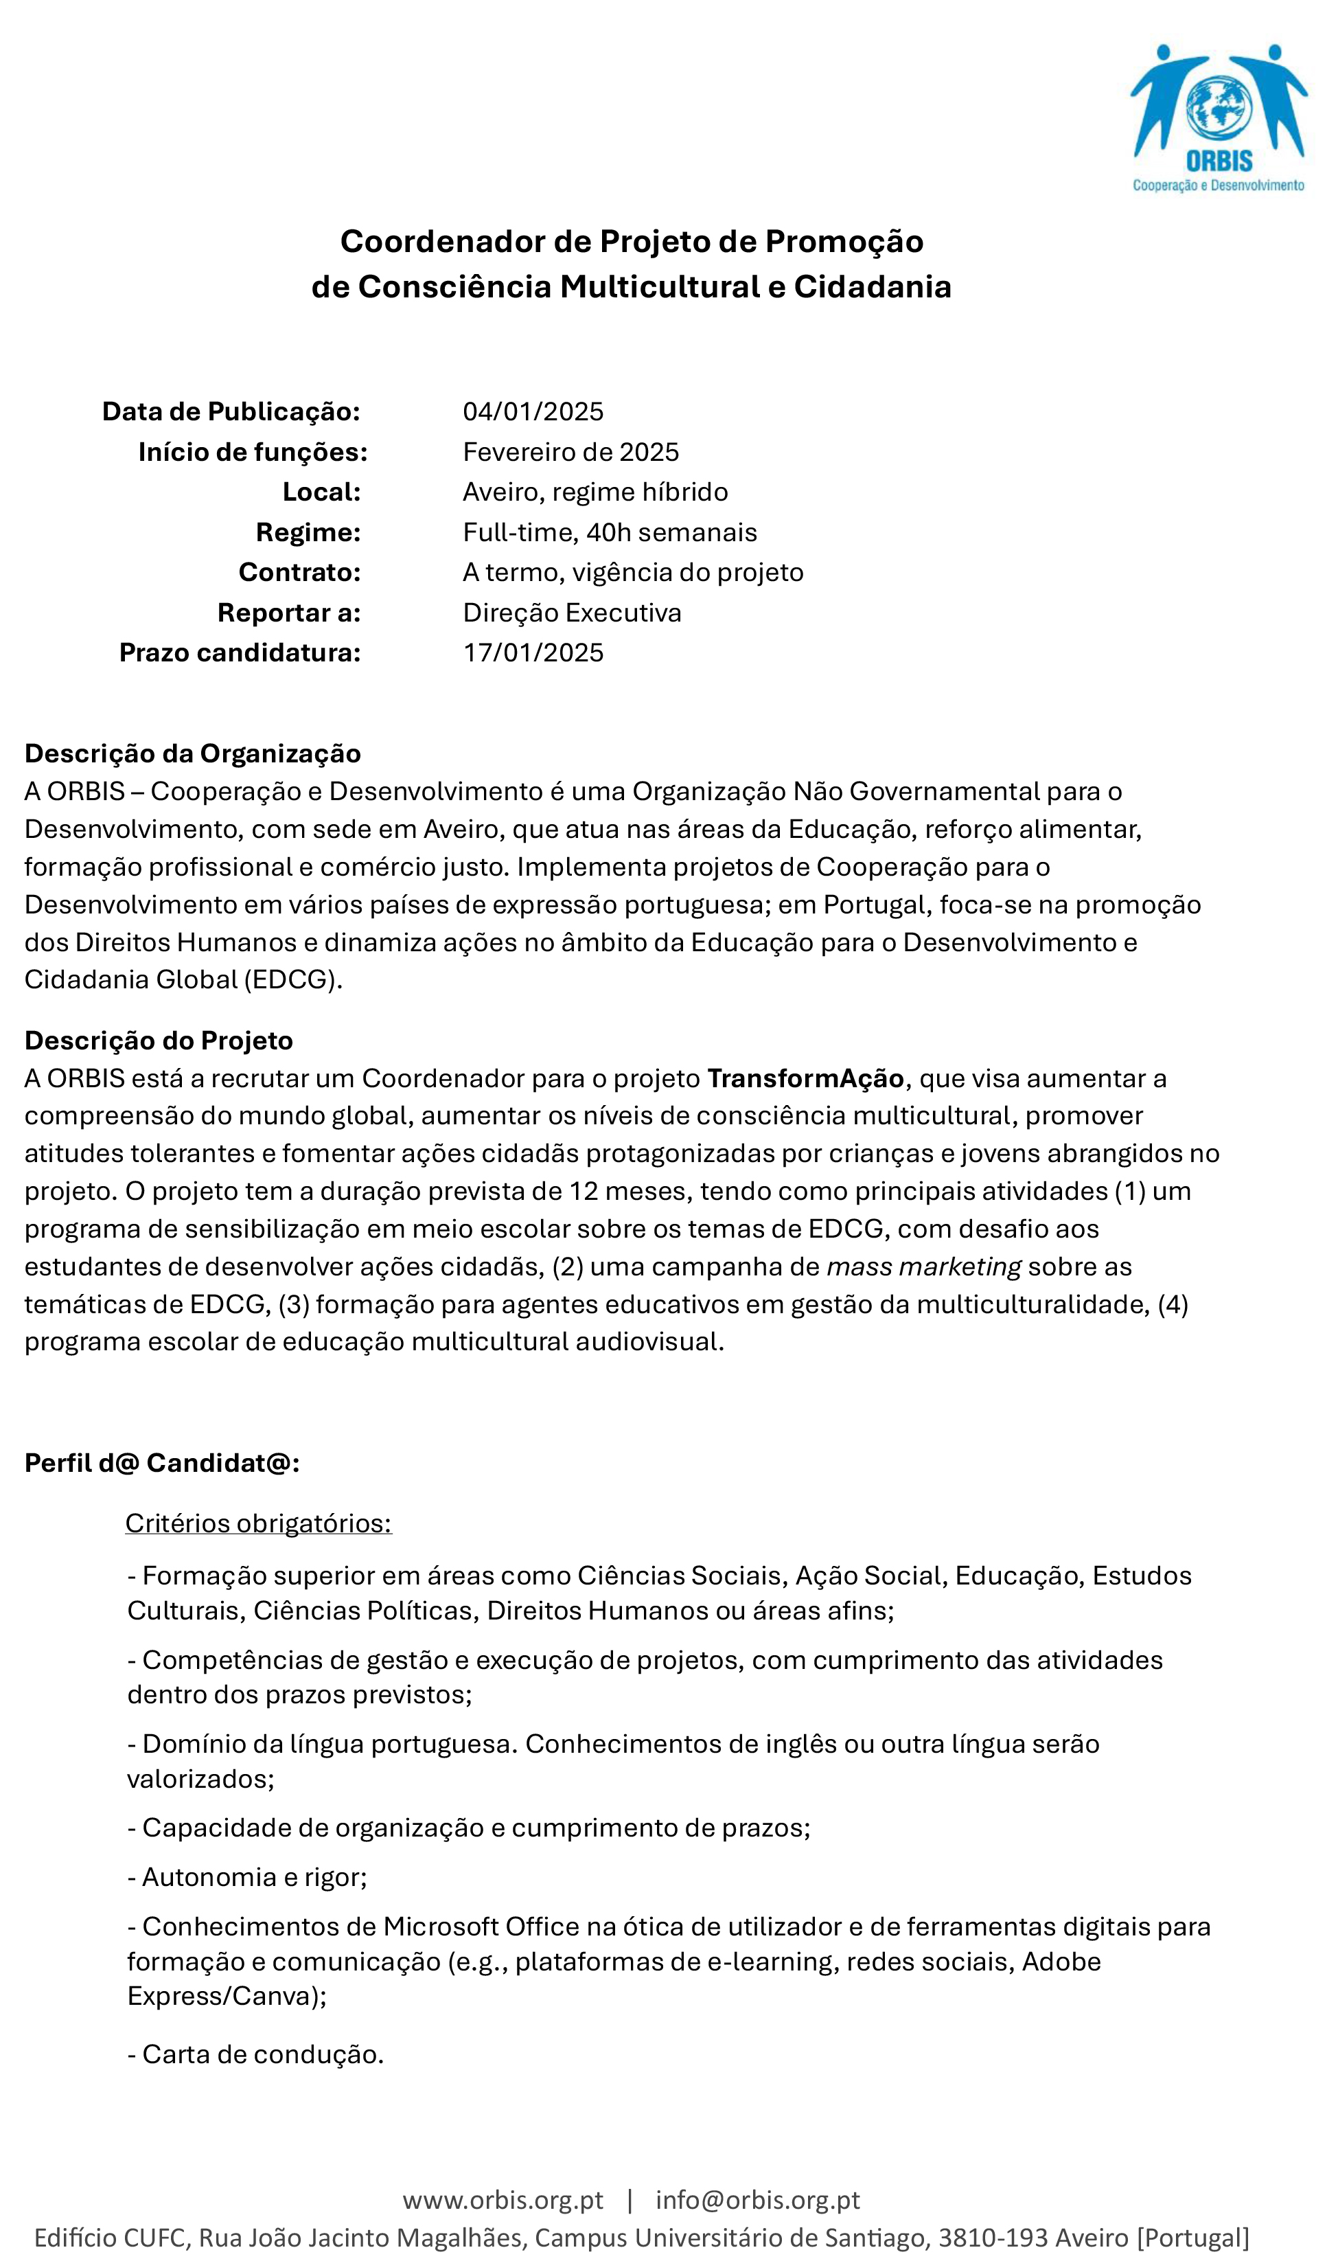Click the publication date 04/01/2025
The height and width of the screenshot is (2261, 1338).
click(533, 412)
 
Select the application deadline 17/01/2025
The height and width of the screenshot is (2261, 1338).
click(533, 653)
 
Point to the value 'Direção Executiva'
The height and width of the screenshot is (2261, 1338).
click(572, 613)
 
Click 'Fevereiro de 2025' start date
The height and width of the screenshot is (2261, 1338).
click(570, 452)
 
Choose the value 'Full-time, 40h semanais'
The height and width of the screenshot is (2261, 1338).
click(610, 533)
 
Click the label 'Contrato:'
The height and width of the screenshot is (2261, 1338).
click(299, 573)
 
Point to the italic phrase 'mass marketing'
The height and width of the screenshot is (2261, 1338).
click(923, 1267)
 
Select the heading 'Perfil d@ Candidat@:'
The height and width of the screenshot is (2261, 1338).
click(162, 1463)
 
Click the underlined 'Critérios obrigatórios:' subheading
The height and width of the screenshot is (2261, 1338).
click(259, 1523)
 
